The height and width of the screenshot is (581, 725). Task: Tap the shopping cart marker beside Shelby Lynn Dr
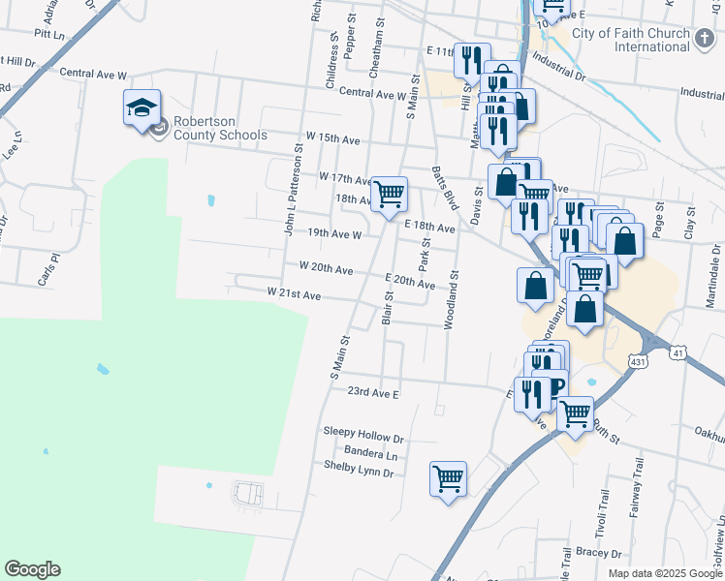(448, 477)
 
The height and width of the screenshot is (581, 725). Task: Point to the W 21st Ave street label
(294, 292)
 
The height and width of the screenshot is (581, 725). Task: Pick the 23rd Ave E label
(374, 393)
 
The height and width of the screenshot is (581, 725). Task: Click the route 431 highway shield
(638, 360)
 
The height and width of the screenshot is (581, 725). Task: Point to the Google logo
(32, 569)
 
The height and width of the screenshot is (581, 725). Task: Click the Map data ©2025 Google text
(664, 573)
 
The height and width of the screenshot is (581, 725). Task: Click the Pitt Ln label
(48, 33)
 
